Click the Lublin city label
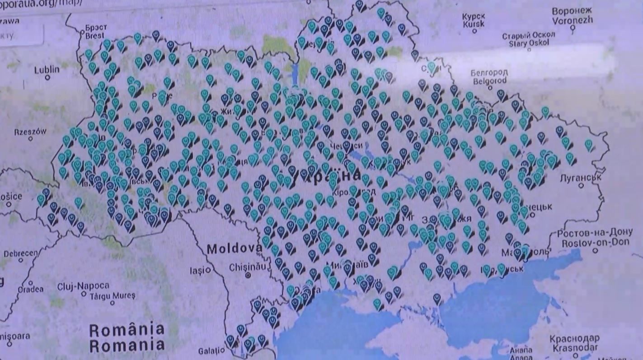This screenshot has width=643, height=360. click(47, 70)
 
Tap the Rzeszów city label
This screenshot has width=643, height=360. click(30, 132)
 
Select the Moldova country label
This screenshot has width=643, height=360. click(234, 248)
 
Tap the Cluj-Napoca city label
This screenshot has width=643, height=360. click(83, 286)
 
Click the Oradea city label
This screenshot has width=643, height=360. click(31, 289)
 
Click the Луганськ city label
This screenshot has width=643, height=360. click(580, 178)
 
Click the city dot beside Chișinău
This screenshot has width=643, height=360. click(248, 275)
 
